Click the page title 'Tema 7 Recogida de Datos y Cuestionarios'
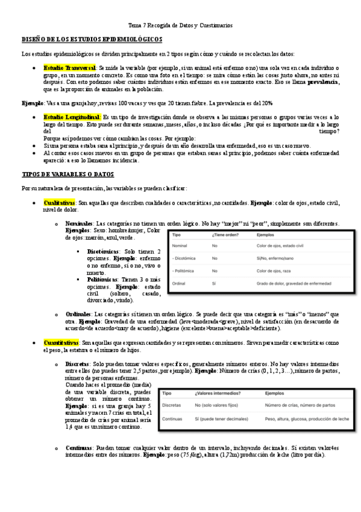[180, 26]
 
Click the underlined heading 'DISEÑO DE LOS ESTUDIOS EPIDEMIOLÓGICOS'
[91, 39]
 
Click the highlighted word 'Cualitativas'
[60, 203]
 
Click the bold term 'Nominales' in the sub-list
[79, 223]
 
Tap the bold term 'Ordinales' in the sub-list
[78, 314]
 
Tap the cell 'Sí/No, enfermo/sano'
[277, 258]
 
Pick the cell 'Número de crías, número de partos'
[300, 406]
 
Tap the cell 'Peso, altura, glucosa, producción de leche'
[306, 418]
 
